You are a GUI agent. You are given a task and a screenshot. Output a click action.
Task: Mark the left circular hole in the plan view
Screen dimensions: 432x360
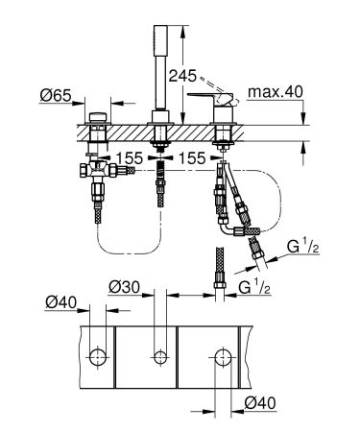pyautogui.click(x=98, y=357)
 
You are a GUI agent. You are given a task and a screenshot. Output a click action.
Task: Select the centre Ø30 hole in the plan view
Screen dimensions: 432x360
pyautogui.click(x=160, y=357)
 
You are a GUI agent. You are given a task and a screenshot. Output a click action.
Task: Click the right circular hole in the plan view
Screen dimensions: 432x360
pyautogui.click(x=222, y=357)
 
